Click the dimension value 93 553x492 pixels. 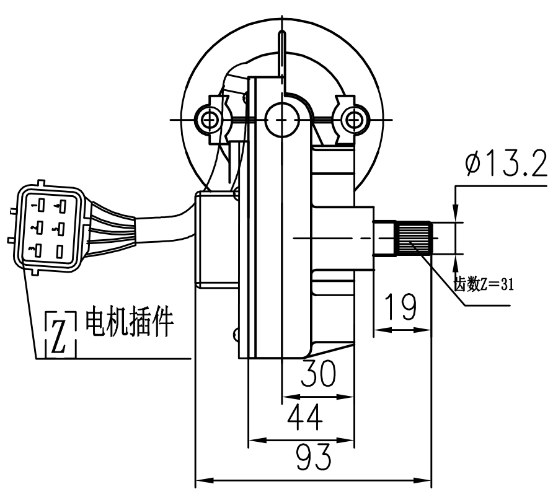[312, 459]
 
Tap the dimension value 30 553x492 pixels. [318, 374]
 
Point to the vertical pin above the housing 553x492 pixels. [282, 50]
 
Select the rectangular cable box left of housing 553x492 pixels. [216, 239]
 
